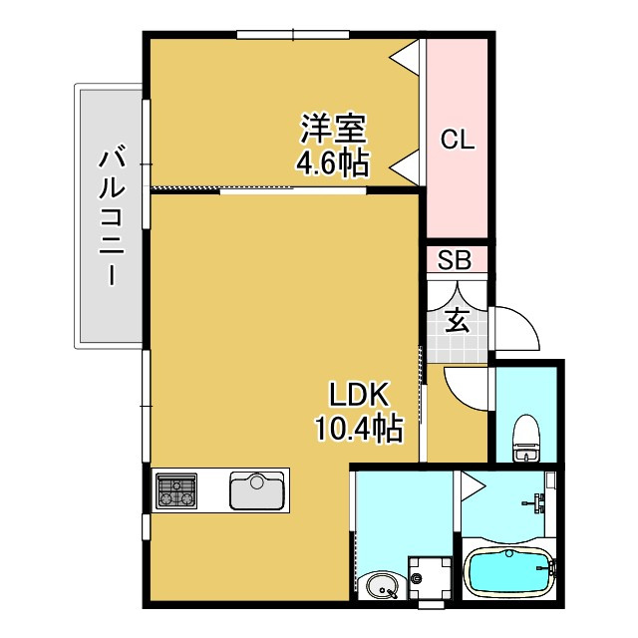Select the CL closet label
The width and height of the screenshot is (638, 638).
click(x=458, y=141)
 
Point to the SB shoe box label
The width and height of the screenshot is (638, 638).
click(x=456, y=261)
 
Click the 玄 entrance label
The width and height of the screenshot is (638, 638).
click(x=456, y=320)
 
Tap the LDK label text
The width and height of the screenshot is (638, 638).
click(x=359, y=394)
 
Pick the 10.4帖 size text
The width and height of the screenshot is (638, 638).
click(x=359, y=430)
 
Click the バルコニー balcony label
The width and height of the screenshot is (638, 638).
click(x=111, y=216)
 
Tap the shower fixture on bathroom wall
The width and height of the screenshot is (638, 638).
click(x=538, y=501)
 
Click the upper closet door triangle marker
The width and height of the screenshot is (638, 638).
click(x=404, y=57)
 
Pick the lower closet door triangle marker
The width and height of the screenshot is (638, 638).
click(x=404, y=163)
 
